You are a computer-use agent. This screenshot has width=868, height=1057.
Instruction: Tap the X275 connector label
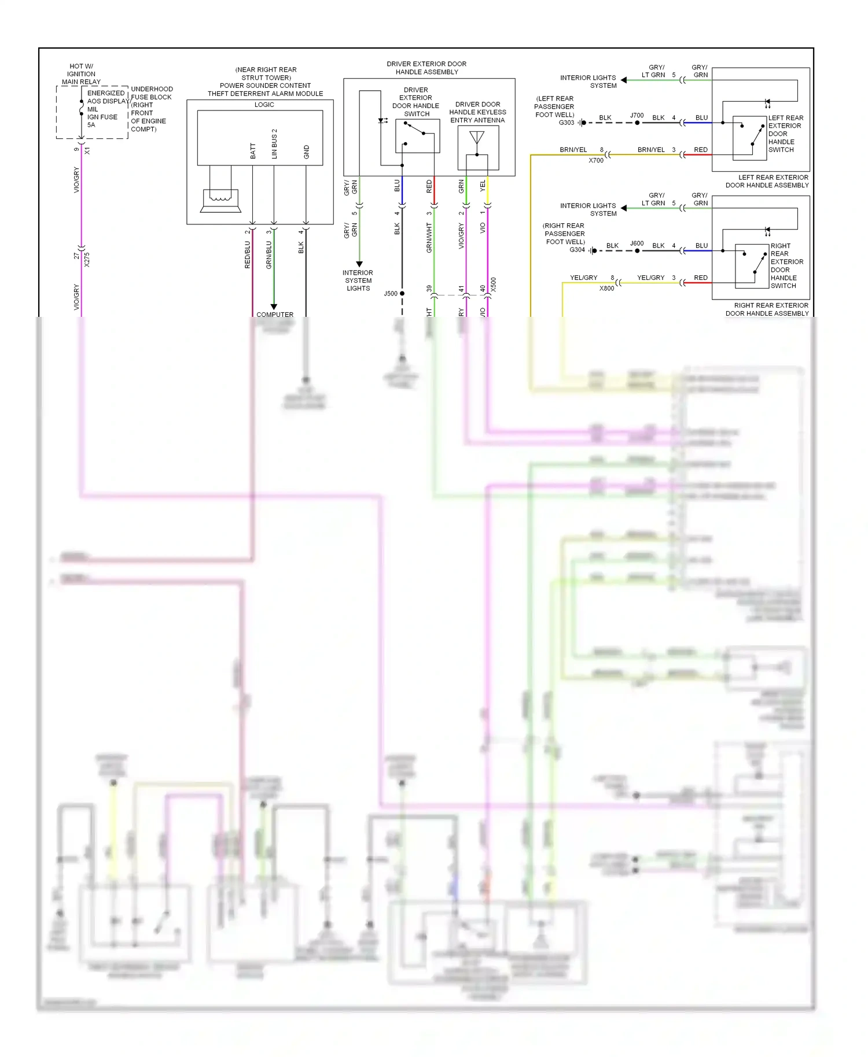coord(87,259)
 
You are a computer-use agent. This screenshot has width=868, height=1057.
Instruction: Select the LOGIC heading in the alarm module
coord(264,105)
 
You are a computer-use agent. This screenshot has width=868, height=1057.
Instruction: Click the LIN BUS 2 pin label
coord(274,144)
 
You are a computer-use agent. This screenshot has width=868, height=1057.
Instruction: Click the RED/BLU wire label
coord(248,254)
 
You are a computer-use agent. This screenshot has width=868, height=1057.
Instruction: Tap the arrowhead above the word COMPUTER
coord(274,306)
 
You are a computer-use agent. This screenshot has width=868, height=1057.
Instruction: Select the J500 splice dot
coord(402,294)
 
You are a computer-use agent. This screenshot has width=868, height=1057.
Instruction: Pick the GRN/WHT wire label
coord(429,238)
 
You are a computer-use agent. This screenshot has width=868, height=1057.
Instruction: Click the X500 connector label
coord(494,284)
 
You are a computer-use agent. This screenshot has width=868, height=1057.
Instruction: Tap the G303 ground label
coord(567,123)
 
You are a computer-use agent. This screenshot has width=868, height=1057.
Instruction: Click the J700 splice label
coord(637,116)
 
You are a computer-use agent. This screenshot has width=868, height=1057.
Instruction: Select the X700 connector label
coord(596,160)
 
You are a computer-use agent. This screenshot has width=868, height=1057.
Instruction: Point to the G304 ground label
coord(577,250)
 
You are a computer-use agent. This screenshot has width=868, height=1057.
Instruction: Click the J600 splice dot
coord(637,251)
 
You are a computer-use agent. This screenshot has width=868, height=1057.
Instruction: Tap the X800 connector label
coord(606,288)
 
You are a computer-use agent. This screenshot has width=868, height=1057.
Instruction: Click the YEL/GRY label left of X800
coord(583,278)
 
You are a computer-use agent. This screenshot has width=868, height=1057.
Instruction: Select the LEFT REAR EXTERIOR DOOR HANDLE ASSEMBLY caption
coord(767,182)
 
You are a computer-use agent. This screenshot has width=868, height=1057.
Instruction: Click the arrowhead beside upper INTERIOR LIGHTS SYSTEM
coord(624,80)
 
